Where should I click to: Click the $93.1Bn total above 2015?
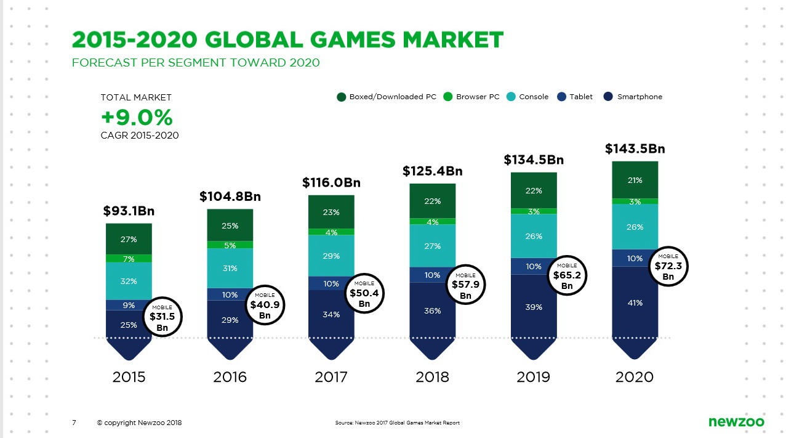129,211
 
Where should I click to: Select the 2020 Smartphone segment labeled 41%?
635,302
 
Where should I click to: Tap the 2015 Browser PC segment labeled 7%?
129,259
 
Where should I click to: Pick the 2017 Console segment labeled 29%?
331,256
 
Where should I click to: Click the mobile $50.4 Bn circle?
364,293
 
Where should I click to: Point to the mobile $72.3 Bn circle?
668,267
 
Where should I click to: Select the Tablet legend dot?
561,97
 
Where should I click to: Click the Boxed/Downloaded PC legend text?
393,97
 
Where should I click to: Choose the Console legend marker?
511,97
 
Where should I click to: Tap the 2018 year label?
432,377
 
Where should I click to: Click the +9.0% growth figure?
137,117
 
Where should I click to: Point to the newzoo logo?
736,422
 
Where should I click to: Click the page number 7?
74,423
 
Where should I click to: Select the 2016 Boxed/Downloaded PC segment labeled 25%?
230,225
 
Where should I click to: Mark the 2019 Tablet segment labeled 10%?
534,266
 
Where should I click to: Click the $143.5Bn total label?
635,149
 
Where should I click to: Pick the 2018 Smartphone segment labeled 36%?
432,311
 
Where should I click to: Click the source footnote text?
397,423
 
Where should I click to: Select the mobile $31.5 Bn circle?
162,317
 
